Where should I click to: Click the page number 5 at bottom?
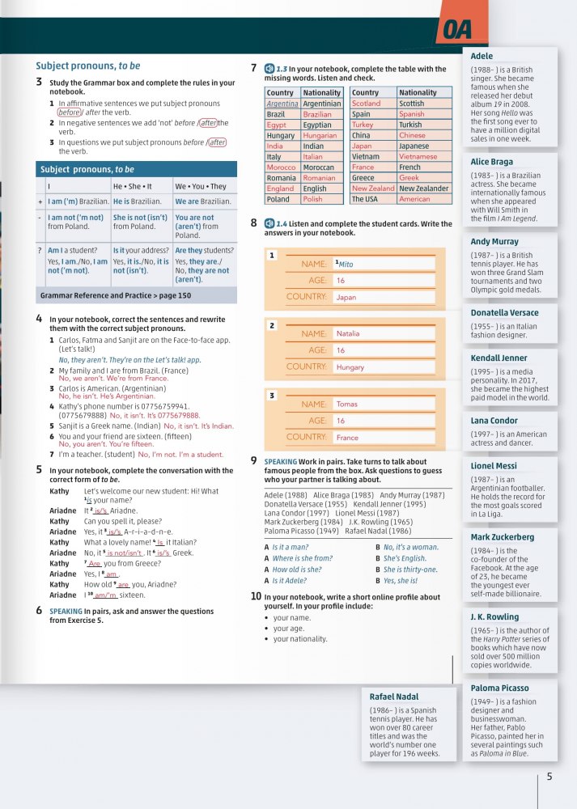point(549,777)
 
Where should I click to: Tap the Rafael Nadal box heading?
point(395,696)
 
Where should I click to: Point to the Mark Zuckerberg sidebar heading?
point(503,536)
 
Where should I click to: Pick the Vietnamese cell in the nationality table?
point(418,157)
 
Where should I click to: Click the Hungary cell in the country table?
point(281,136)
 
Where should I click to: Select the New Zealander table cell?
point(424,188)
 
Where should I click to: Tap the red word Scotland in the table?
point(366,104)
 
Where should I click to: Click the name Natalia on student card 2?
point(348,333)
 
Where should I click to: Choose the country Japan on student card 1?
point(346,298)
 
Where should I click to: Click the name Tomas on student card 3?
point(346,404)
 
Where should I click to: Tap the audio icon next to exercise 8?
point(269,222)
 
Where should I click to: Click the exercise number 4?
point(39,319)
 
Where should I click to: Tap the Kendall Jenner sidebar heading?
point(499,358)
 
